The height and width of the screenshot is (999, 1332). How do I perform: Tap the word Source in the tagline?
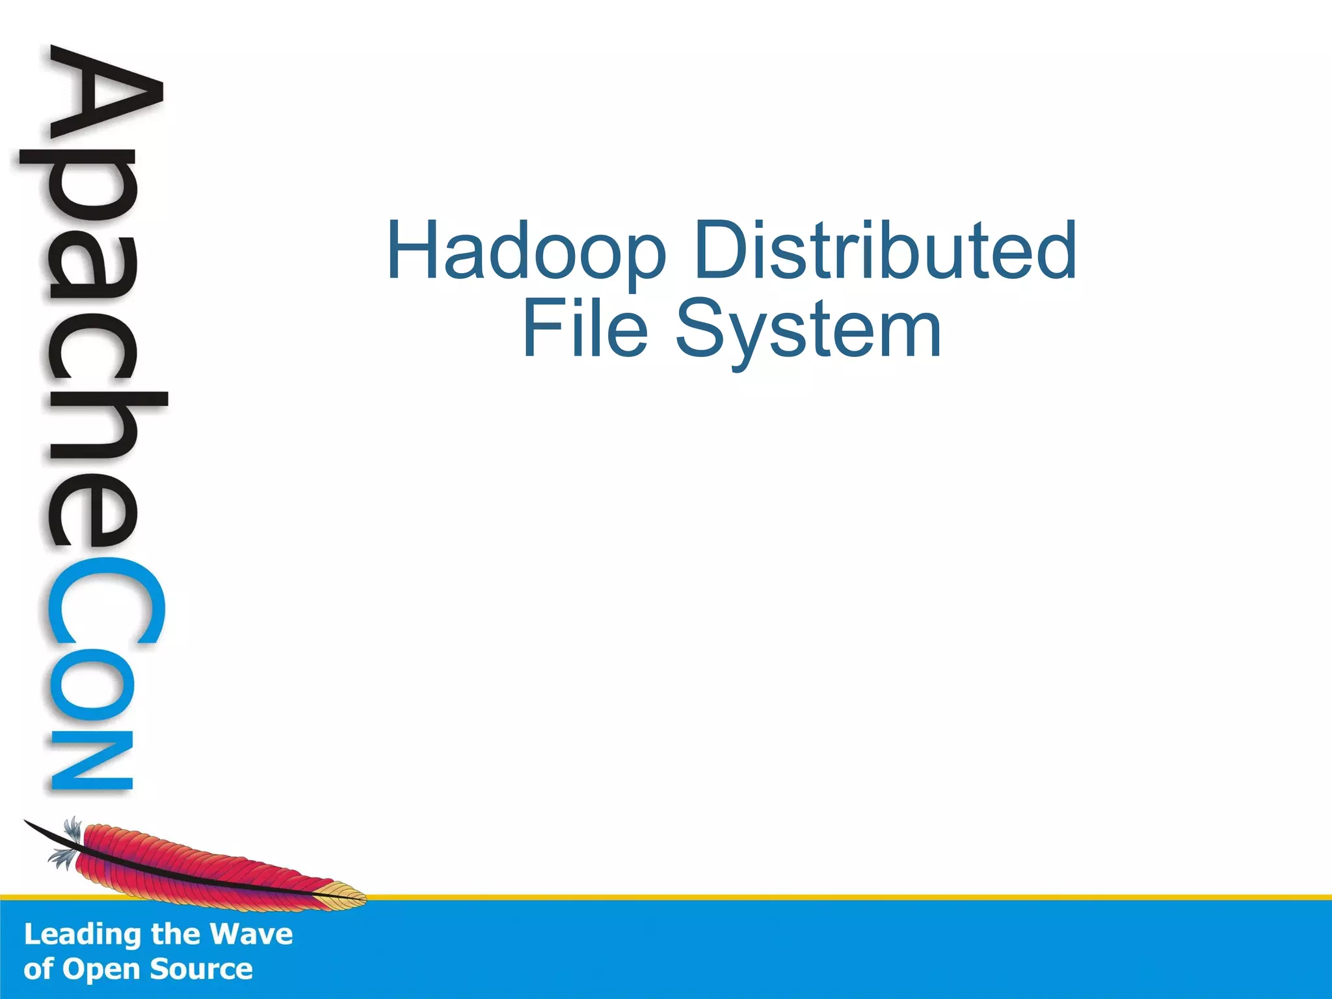click(x=201, y=969)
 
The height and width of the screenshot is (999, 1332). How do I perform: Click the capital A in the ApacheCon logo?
click(x=104, y=104)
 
